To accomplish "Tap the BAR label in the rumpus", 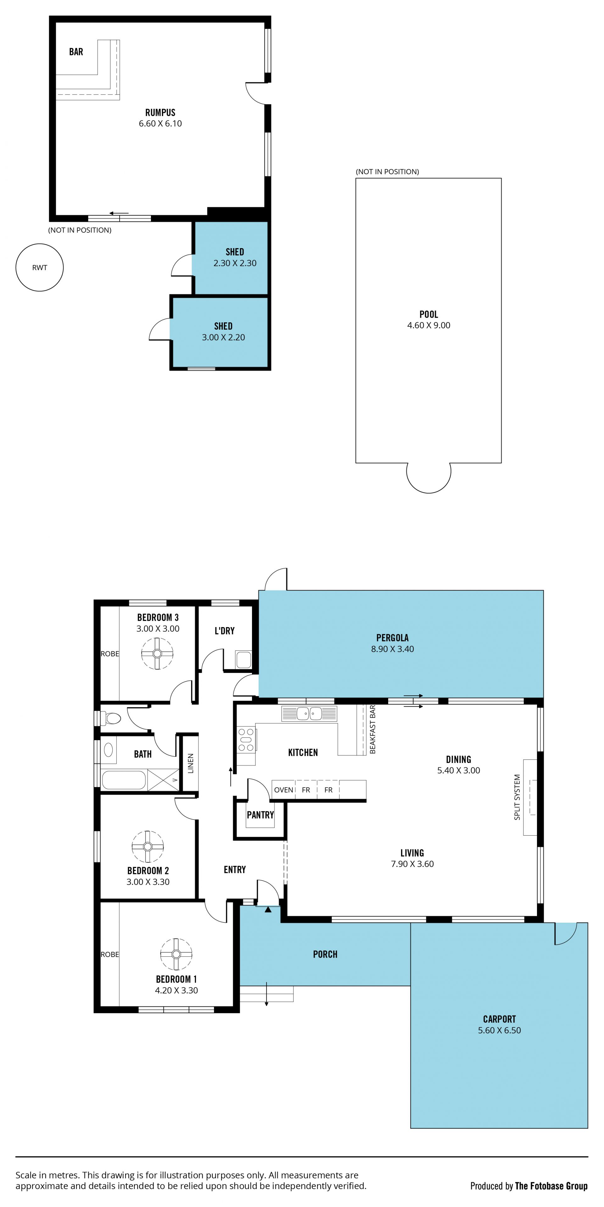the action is (x=76, y=52).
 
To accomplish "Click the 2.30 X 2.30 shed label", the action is (x=235, y=263).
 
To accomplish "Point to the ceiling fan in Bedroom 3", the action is (x=157, y=653).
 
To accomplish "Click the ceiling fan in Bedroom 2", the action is (x=148, y=846).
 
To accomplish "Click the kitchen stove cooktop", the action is (x=246, y=739).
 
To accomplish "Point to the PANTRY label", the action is (x=260, y=815).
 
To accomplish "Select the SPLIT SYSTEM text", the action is (x=517, y=797).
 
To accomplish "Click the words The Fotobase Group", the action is (x=551, y=1186).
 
